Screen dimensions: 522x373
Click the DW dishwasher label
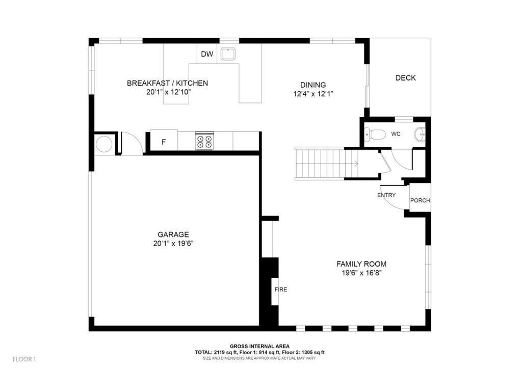(207, 54)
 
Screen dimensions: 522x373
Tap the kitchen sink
(228, 54)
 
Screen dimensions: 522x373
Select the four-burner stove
(204, 141)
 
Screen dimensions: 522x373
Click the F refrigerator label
(164, 142)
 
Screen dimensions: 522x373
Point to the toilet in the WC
(375, 135)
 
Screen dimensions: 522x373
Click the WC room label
(396, 134)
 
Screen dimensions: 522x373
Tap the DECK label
(405, 78)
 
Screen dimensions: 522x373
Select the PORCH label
(420, 200)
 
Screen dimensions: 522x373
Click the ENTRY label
(386, 195)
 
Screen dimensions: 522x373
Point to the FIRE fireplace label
(281, 289)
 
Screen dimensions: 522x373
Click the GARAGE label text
(173, 234)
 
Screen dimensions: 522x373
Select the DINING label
(313, 85)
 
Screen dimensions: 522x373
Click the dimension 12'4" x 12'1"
(313, 94)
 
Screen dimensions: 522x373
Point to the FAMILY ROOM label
(361, 264)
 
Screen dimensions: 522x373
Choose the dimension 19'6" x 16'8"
(361, 273)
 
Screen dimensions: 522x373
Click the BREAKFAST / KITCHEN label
(167, 83)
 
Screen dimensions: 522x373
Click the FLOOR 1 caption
(24, 359)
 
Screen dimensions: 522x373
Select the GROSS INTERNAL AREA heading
(259, 347)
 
